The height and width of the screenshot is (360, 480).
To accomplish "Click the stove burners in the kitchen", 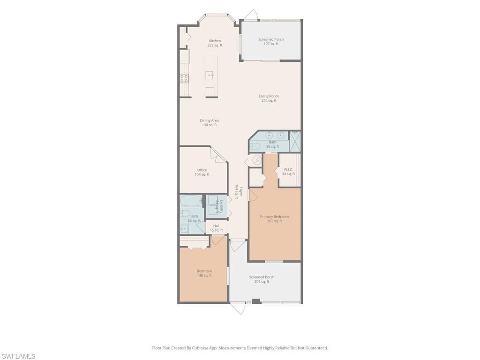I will click(184, 78).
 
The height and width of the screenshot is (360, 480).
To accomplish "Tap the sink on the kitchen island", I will click(210, 75).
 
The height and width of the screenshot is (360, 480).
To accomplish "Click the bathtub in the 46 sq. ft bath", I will click(191, 201).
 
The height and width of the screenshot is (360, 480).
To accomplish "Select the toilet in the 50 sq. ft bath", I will click(255, 146).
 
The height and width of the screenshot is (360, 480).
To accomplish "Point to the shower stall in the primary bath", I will click(295, 141).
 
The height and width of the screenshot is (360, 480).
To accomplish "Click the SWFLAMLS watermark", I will click(19, 356).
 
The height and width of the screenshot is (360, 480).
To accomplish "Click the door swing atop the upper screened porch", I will click(250, 15).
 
